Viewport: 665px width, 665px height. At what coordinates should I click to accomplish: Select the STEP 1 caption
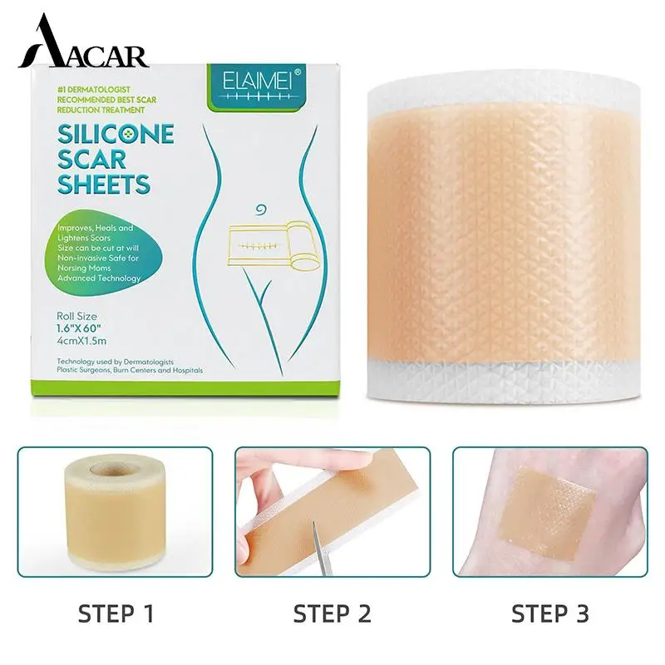click(x=116, y=615)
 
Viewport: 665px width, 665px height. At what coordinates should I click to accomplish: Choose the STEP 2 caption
click(x=332, y=615)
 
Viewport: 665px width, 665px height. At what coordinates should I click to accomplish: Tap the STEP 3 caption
click(x=549, y=615)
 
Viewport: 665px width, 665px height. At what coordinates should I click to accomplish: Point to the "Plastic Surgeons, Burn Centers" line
click(x=131, y=370)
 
